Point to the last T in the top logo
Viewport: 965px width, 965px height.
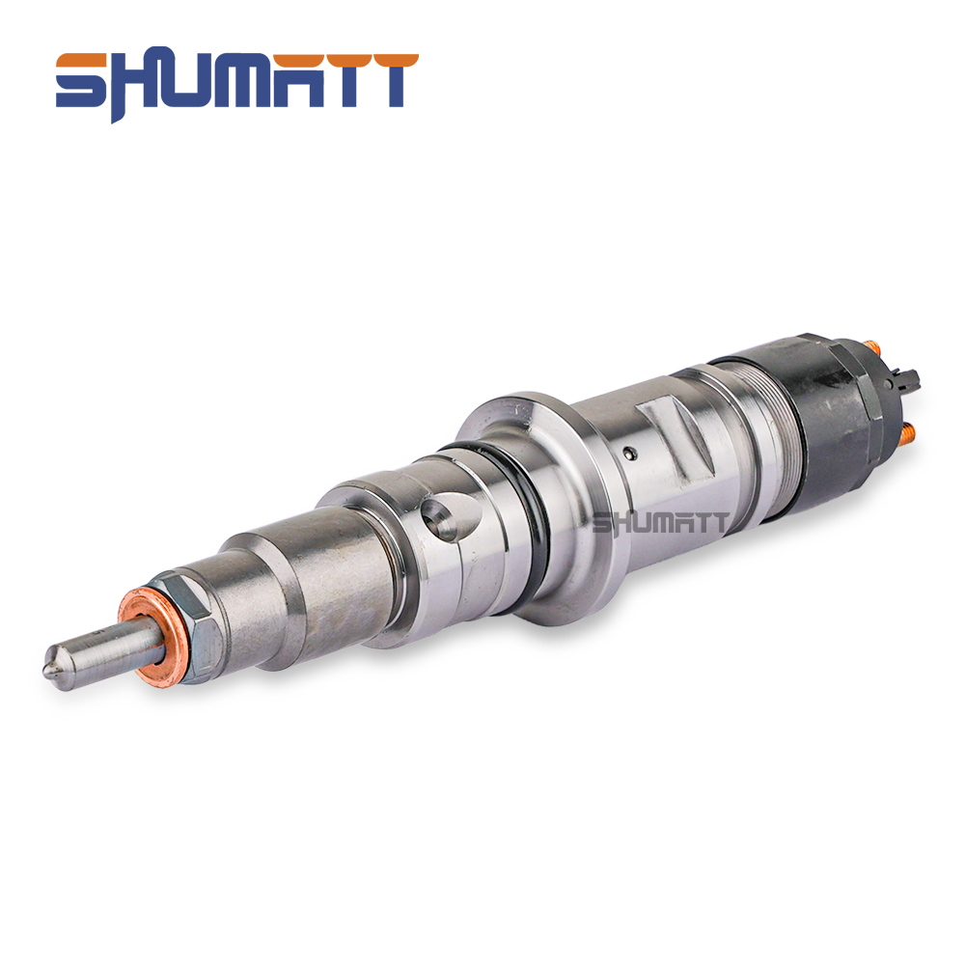tap(387, 80)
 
